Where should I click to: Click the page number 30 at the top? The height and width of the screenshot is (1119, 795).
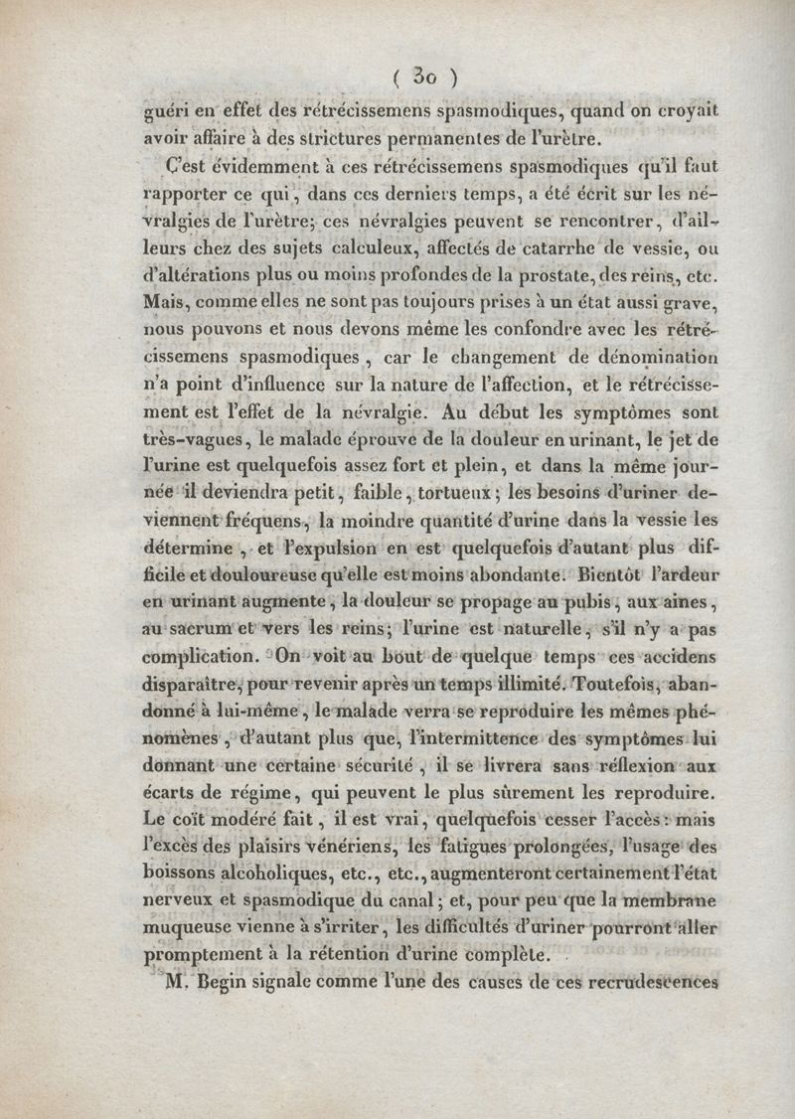click(x=426, y=75)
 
